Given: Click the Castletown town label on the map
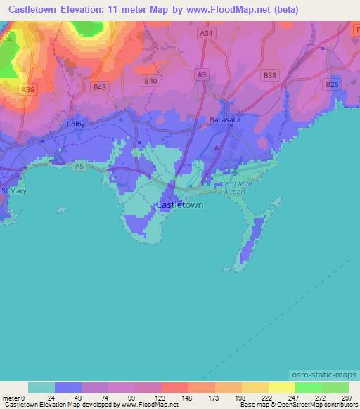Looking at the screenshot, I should pyautogui.click(x=179, y=204).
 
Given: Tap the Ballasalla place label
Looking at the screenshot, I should pyautogui.click(x=226, y=120).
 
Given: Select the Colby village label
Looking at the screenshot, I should pyautogui.click(x=75, y=124).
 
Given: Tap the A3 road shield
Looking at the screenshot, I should pyautogui.click(x=202, y=74).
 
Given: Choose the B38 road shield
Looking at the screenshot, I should pyautogui.click(x=269, y=74).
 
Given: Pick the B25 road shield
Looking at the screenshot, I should pyautogui.click(x=332, y=84).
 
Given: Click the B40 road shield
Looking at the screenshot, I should pyautogui.click(x=150, y=81).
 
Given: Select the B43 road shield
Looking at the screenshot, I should pyautogui.click(x=100, y=86).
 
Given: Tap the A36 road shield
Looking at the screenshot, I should pyautogui.click(x=27, y=90).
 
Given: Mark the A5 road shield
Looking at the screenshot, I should pyautogui.click(x=79, y=166).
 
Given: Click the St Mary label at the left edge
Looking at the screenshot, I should pyautogui.click(x=13, y=190).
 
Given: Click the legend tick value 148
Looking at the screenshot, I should pyautogui.click(x=188, y=398).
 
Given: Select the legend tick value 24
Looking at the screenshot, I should pyautogui.click(x=55, y=398).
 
